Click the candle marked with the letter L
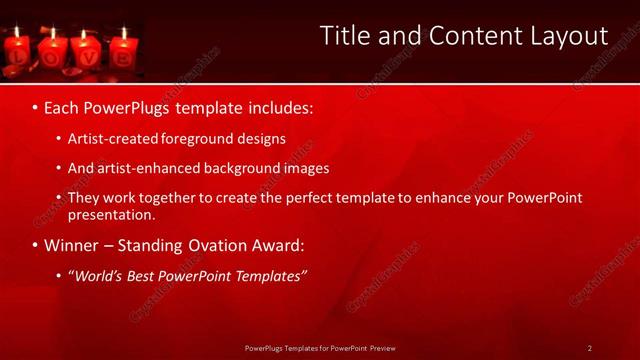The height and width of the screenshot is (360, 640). (x=17, y=55)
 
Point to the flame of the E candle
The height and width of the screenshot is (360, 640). (x=124, y=32)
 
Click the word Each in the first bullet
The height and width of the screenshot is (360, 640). (x=63, y=105)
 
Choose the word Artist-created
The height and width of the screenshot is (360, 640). (x=112, y=139)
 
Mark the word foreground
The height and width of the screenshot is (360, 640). (x=201, y=139)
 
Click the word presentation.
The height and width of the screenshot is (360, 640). (x=110, y=214)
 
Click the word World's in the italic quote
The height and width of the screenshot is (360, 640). (x=100, y=275)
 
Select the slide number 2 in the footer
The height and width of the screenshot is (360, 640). (x=590, y=348)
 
